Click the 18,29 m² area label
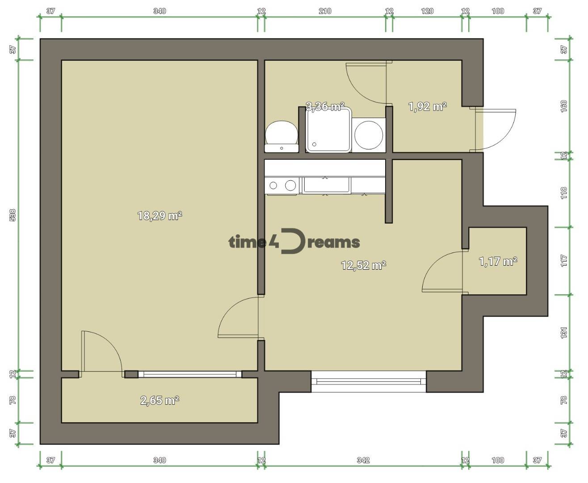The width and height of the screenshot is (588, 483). click(160, 216)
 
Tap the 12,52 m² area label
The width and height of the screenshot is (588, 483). click(364, 265)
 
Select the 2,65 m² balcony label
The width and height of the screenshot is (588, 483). click(160, 400)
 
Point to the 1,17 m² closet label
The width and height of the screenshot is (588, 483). click(498, 262)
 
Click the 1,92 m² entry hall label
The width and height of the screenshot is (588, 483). click(428, 106)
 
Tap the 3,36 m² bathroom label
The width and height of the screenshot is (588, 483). click(325, 106)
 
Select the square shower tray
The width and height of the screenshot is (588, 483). click(328, 130)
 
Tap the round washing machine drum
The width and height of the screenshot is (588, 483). click(369, 135)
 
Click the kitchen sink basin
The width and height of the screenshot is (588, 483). click(326, 185)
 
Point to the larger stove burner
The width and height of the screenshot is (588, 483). click(290, 185)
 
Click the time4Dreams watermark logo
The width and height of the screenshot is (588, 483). click(294, 241)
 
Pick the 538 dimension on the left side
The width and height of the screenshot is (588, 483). click(13, 215)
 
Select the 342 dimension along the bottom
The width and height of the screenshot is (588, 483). click(363, 460)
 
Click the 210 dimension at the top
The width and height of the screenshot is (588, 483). click(325, 11)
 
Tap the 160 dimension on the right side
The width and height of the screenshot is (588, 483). click(563, 106)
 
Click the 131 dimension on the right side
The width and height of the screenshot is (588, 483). click(563, 333)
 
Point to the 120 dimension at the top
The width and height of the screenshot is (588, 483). click(427, 11)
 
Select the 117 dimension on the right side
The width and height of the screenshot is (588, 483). click(563, 261)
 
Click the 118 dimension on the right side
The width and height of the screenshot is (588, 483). click(563, 193)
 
